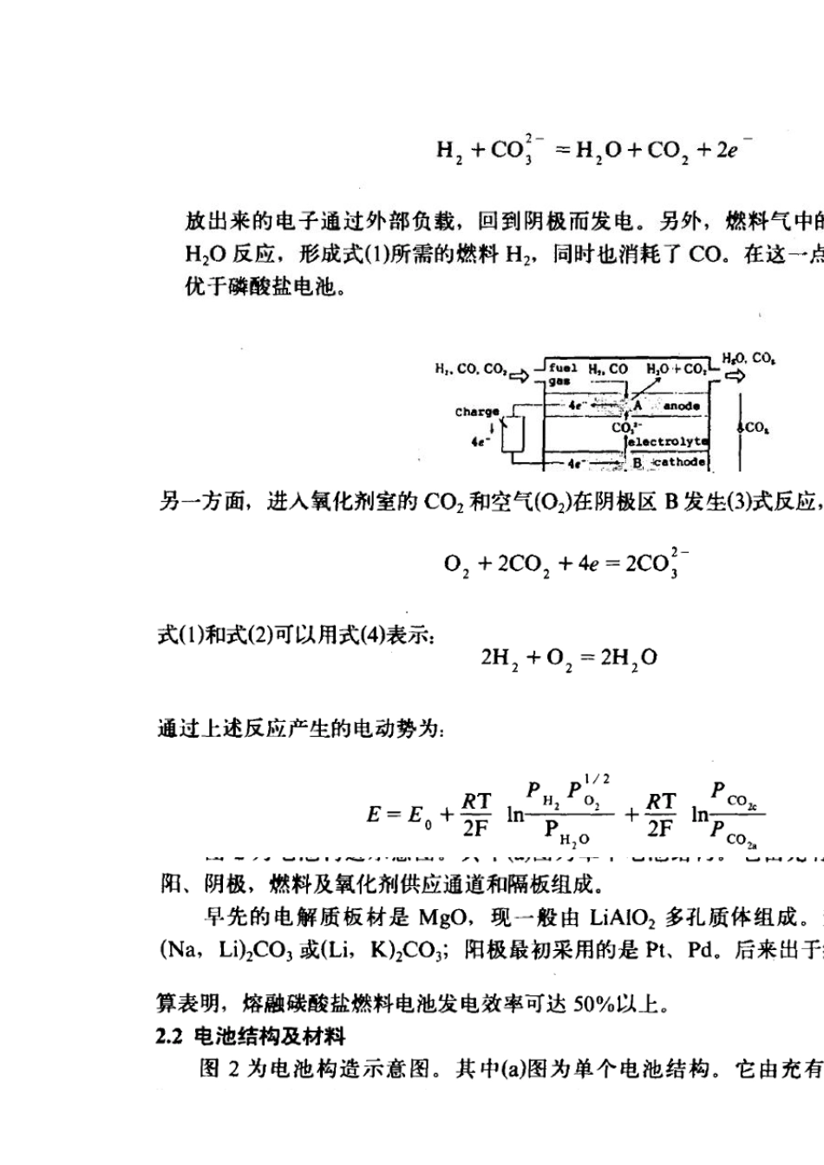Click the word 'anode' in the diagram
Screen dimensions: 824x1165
coord(681,406)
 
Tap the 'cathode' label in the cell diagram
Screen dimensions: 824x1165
coord(680,463)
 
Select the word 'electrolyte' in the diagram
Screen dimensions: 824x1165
coord(668,441)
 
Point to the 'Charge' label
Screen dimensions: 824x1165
coord(477,412)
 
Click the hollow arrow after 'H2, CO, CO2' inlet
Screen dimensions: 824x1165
coord(519,375)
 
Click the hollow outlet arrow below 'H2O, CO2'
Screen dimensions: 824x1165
coord(735,376)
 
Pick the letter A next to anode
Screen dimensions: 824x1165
coord(638,406)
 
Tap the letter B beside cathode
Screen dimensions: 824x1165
coord(638,463)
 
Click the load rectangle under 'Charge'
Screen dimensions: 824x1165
coord(517,435)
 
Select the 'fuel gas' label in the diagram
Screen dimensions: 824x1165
coord(562,374)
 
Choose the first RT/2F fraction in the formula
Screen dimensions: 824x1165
coord(476,815)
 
